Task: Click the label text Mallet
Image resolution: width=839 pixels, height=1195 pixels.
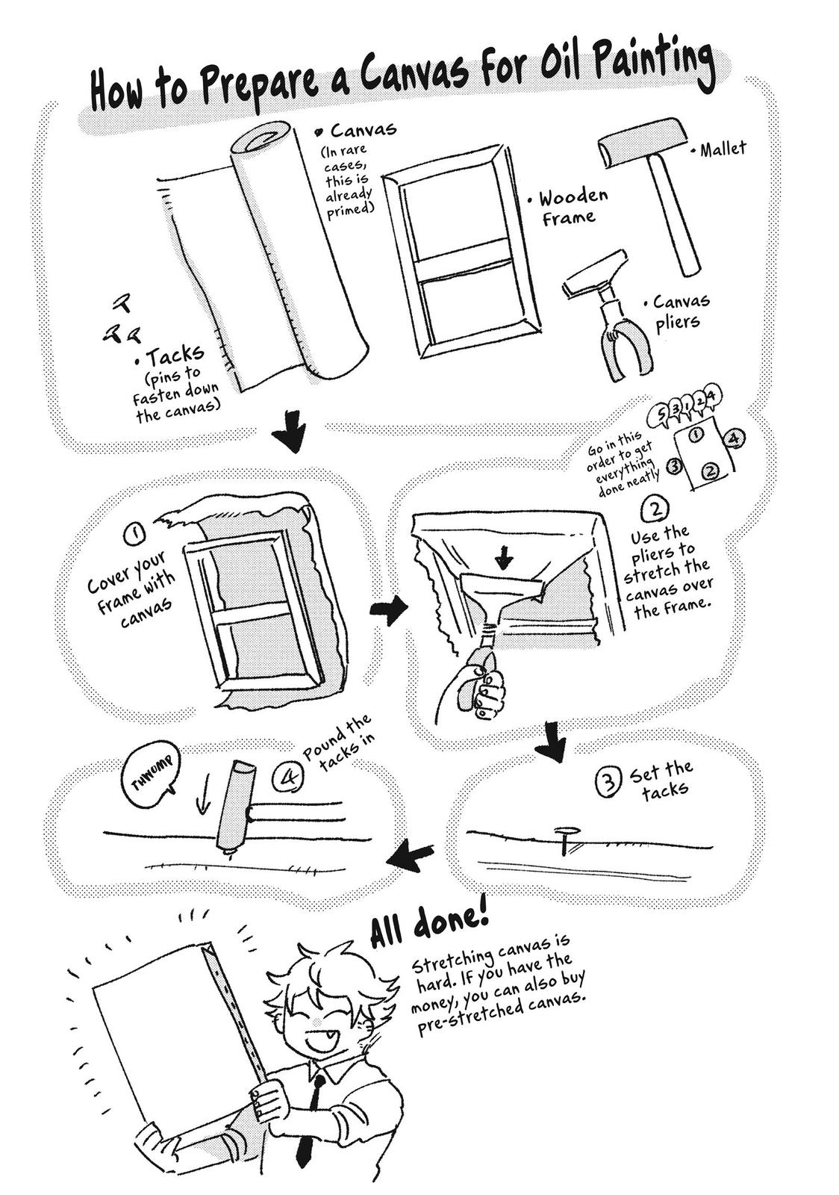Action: tap(723, 149)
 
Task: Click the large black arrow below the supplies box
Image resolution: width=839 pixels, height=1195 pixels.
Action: tap(292, 433)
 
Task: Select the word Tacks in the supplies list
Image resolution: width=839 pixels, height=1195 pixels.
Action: tap(175, 357)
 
